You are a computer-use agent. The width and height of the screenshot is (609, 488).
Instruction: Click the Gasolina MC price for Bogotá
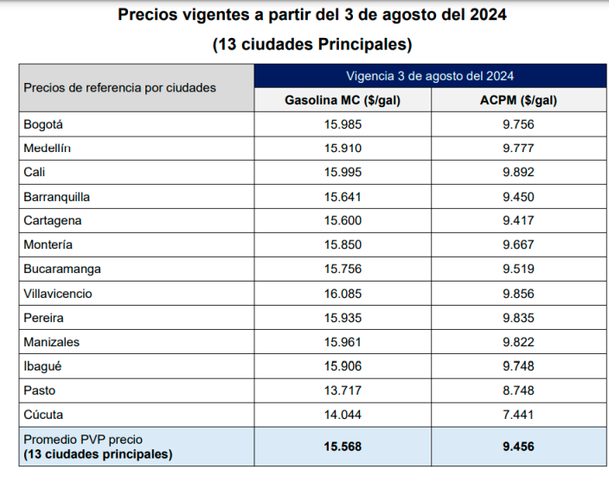click(x=343, y=124)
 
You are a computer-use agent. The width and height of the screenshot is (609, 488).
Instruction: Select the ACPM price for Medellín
click(x=518, y=148)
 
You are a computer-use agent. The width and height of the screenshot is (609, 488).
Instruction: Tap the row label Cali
click(x=35, y=172)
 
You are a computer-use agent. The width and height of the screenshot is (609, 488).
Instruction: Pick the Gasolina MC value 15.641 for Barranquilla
click(x=343, y=196)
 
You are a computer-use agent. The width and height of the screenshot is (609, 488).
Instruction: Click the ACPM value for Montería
click(x=518, y=244)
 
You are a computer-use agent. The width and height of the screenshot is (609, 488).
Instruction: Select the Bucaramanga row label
click(x=62, y=269)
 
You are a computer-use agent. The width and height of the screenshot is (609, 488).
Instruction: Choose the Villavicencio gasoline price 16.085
click(x=343, y=293)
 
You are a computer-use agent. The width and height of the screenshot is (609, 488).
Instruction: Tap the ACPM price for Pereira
click(x=518, y=317)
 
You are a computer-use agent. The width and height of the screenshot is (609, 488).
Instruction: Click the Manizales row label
click(x=52, y=341)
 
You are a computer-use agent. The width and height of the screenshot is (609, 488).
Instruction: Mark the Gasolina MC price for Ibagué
click(x=343, y=365)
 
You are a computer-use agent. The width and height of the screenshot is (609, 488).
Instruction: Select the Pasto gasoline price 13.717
click(x=343, y=390)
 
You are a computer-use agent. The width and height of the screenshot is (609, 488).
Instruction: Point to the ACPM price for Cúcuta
click(x=518, y=414)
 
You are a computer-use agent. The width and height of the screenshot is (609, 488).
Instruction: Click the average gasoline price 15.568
click(x=343, y=447)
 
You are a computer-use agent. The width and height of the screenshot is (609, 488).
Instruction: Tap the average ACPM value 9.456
click(x=518, y=447)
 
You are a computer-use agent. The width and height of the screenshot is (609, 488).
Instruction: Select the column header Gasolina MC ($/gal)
click(x=343, y=100)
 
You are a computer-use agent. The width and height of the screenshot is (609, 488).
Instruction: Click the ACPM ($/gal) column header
click(x=518, y=100)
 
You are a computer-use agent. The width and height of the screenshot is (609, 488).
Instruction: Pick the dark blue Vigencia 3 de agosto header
click(x=430, y=76)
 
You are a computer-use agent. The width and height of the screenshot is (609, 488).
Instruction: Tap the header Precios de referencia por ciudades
click(x=120, y=87)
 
